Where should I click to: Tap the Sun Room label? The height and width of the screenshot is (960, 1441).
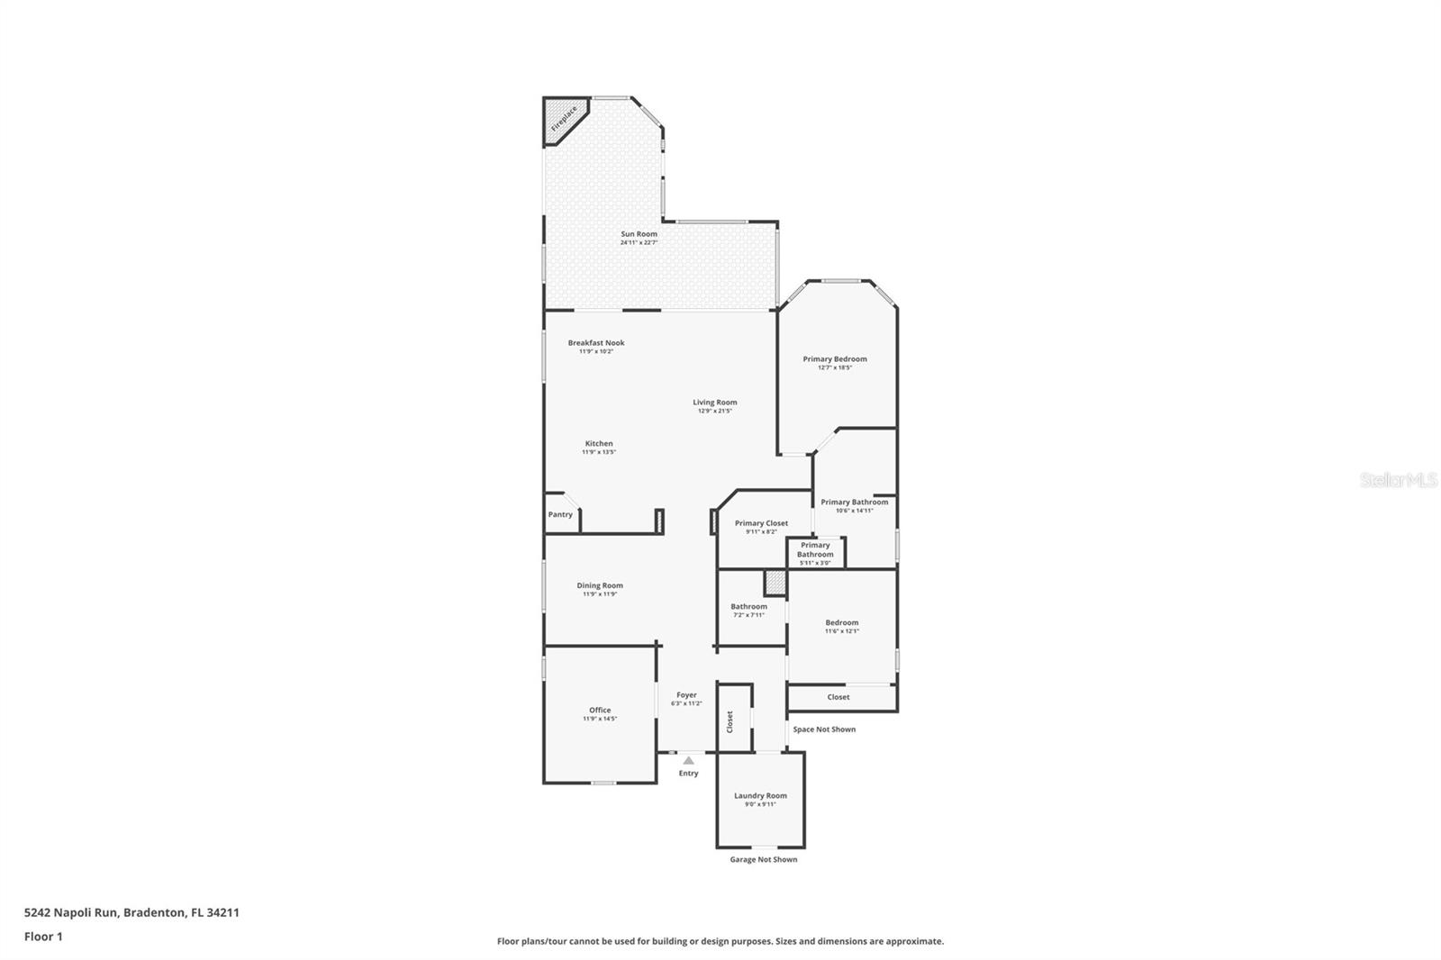[639, 234]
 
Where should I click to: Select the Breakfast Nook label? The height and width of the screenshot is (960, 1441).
[595, 343]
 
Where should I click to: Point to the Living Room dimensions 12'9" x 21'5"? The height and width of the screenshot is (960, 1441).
[714, 411]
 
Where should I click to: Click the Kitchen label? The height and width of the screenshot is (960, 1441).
[599, 443]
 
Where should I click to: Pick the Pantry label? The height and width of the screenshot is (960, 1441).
[560, 514]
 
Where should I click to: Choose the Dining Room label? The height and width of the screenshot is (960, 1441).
[600, 585]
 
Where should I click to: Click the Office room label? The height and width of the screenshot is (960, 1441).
[600, 710]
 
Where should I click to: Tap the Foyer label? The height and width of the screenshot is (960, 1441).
[686, 695]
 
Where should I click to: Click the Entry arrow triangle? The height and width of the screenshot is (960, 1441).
[688, 761]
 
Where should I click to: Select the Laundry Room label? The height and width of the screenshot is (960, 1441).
[760, 795]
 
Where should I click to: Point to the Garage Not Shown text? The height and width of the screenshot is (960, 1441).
[763, 859]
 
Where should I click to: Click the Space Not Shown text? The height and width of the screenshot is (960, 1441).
[824, 729]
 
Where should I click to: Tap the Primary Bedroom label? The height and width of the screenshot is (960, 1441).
[835, 358]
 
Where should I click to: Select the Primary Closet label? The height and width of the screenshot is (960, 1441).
[761, 523]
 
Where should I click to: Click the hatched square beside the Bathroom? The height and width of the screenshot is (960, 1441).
[775, 583]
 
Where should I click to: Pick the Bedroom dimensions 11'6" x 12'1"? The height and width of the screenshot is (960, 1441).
[842, 631]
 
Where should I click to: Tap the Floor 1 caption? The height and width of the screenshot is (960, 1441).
[43, 937]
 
